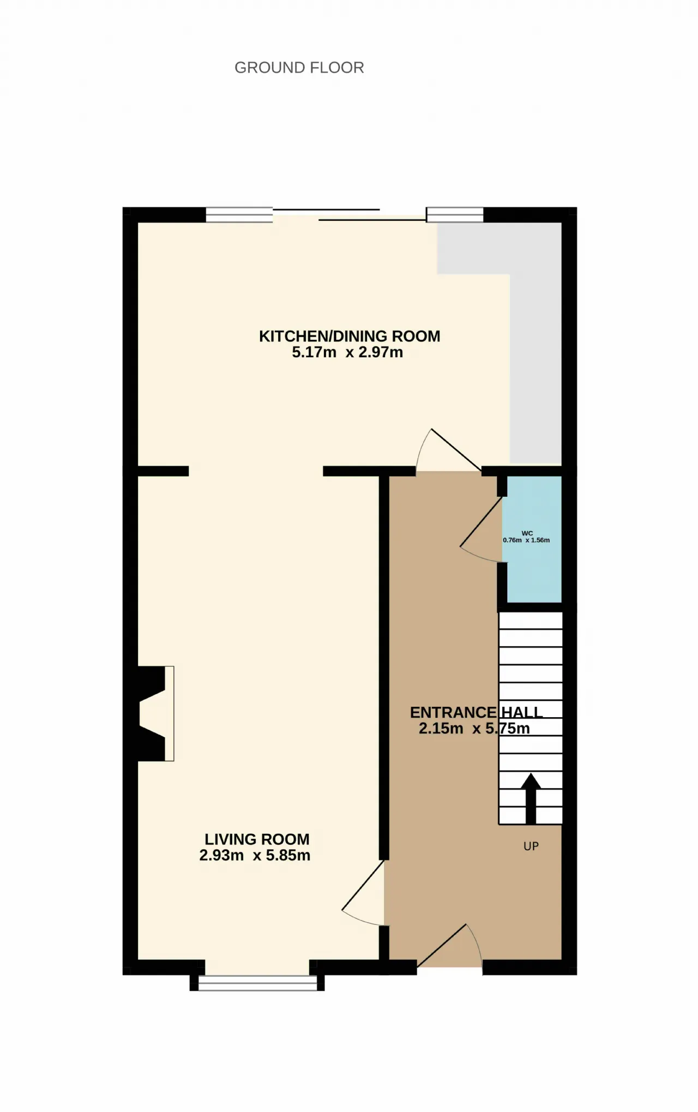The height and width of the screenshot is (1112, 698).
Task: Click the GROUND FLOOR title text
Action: pyautogui.click(x=299, y=68)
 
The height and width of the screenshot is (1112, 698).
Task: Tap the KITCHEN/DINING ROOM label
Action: pyautogui.click(x=350, y=336)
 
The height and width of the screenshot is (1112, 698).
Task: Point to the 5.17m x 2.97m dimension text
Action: pyautogui.click(x=347, y=352)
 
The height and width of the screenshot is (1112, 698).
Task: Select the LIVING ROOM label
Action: pyautogui.click(x=257, y=839)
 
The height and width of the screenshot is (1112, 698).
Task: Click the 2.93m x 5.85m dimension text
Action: pyautogui.click(x=255, y=855)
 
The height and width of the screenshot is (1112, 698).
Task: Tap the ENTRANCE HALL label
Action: pyautogui.click(x=476, y=712)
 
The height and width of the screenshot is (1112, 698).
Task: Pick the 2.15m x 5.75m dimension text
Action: pyautogui.click(x=474, y=728)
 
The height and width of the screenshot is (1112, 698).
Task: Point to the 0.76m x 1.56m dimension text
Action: pyautogui.click(x=526, y=540)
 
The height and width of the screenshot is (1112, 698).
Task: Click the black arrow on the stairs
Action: pyautogui.click(x=531, y=798)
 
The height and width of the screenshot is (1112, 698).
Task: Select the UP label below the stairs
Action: pyautogui.click(x=531, y=846)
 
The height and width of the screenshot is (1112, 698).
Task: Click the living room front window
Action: pyautogui.click(x=257, y=983)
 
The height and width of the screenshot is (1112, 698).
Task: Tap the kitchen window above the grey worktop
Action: pyautogui.click(x=455, y=215)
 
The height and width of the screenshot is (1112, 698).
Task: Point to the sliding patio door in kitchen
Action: pyautogui.click(x=349, y=215)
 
